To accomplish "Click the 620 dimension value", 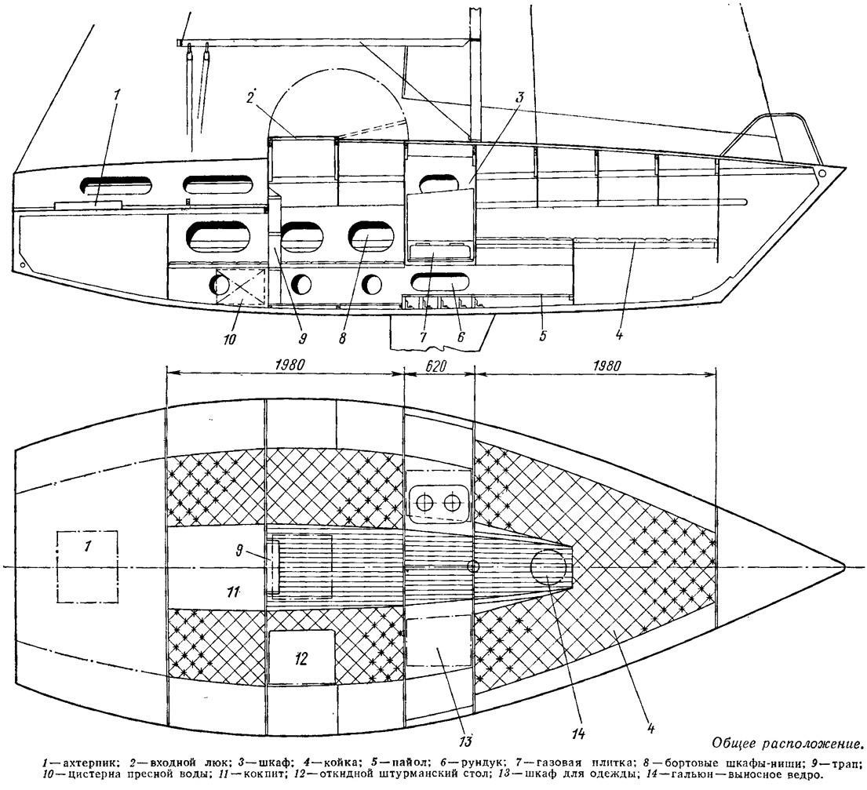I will pos(439,365).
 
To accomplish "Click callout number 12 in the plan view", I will pos(301,658).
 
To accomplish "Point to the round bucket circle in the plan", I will pos(548,566).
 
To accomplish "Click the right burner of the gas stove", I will pos(450,502).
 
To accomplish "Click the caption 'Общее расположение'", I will pos(787,743).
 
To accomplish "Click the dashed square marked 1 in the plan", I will pos(87,566).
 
